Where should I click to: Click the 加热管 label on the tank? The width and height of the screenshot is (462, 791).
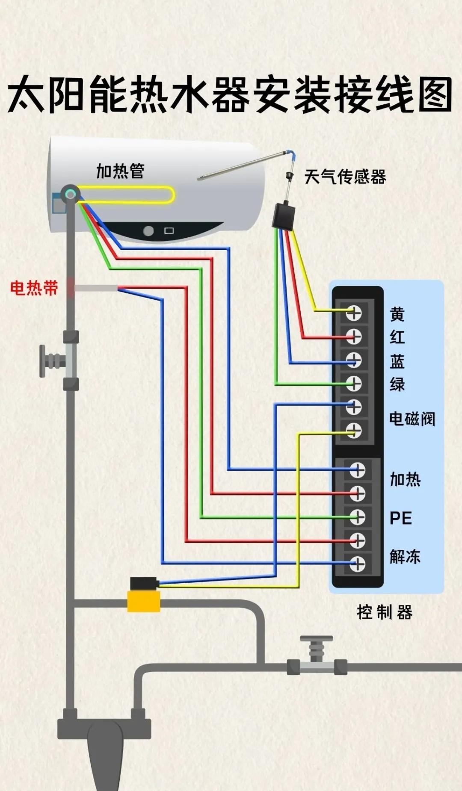point(120,171)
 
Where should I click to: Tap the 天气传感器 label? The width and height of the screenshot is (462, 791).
point(345,177)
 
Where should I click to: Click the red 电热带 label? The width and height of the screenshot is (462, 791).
point(34,288)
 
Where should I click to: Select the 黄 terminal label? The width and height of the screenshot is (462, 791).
point(397,314)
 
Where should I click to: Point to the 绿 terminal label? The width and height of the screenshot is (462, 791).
point(397,384)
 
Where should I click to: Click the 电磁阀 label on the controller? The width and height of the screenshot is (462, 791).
point(412,419)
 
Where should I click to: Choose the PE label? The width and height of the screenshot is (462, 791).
point(401,518)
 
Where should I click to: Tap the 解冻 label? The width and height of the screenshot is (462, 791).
point(405,557)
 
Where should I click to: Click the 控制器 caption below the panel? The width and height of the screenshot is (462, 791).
point(385,612)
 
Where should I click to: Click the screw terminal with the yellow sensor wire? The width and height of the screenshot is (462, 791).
point(354,313)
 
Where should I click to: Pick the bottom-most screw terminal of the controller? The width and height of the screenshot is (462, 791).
point(357,564)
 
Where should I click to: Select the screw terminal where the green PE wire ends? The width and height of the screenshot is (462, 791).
point(357,517)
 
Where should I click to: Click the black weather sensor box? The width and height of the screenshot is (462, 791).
point(284,216)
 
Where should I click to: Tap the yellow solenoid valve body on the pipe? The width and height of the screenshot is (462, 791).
point(144,601)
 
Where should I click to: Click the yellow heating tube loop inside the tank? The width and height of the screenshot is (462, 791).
point(128,195)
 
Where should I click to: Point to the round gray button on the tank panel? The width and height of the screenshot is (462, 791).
point(148,231)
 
